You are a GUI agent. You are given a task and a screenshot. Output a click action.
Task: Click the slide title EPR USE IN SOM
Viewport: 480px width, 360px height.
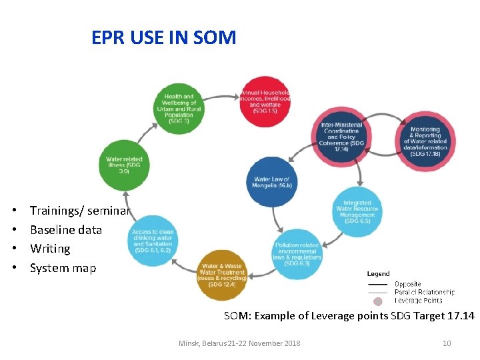(164, 37)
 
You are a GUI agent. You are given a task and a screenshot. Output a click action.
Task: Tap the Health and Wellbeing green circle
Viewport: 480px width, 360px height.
(179, 109)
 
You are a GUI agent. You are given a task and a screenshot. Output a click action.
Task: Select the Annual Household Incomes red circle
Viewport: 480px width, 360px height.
(265, 101)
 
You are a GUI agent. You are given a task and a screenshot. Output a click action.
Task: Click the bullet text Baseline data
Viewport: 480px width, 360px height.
(66, 230)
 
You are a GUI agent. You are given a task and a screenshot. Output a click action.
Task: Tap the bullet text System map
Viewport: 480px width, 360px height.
(63, 268)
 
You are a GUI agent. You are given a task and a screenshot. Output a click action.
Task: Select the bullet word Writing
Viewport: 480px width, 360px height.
(50, 249)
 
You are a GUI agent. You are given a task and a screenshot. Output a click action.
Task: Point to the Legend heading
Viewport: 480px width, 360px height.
(378, 273)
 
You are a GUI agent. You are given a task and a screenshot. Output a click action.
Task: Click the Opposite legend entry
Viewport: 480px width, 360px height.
(407, 284)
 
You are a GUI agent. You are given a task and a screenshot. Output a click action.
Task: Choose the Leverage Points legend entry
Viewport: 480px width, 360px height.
(418, 301)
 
